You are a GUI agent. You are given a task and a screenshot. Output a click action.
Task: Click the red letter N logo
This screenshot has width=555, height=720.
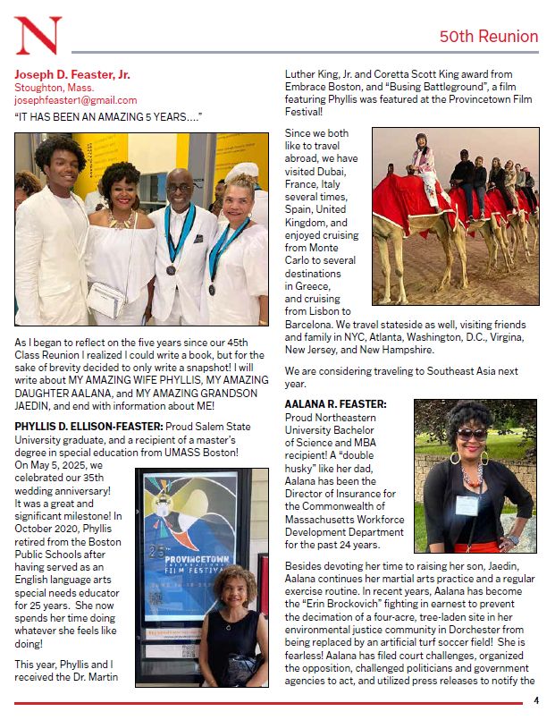pyautogui.click(x=38, y=35)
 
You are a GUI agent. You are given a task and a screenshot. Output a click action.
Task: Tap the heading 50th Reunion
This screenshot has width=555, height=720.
pyautogui.click(x=488, y=37)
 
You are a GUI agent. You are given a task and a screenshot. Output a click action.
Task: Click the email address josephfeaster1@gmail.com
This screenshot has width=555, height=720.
pyautogui.click(x=75, y=100)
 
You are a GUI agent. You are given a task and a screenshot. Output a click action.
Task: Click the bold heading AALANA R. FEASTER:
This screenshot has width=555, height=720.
pyautogui.click(x=335, y=405)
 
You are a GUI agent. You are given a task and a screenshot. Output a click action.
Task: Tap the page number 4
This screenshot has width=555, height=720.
pyautogui.click(x=536, y=700)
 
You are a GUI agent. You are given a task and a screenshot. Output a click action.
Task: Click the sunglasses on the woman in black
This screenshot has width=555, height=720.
pyautogui.click(x=472, y=435)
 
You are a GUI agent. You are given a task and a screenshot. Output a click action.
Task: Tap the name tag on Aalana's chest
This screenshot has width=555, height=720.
pyautogui.click(x=467, y=504)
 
